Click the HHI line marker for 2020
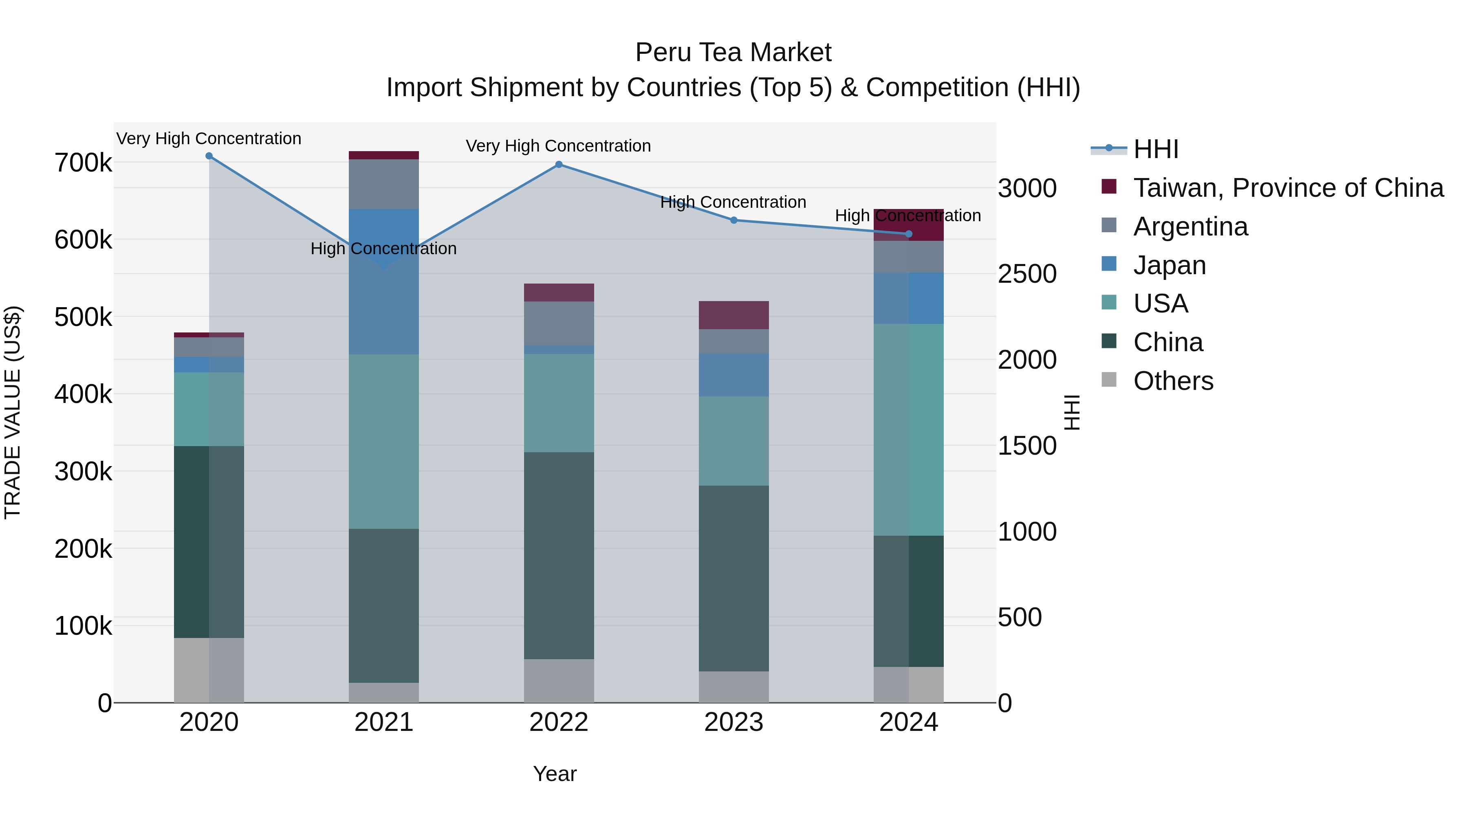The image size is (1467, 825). (209, 156)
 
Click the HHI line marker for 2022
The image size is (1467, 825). (559, 165)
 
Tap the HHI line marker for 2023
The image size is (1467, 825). (733, 220)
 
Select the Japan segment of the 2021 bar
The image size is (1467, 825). (384, 296)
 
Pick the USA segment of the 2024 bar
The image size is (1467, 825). (908, 430)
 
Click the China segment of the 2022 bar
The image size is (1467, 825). (559, 555)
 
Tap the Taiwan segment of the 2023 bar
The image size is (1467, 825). (733, 315)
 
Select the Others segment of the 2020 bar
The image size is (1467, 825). (209, 670)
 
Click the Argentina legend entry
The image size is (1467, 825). (1190, 227)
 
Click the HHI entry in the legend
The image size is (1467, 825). (1156, 149)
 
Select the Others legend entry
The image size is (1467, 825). (1173, 381)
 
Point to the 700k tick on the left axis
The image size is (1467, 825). (83, 163)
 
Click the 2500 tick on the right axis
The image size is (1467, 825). (1027, 274)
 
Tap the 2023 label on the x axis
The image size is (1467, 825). (733, 722)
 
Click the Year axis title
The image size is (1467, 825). (555, 774)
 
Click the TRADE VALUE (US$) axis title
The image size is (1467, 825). (13, 412)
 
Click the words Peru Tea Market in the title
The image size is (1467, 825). (733, 53)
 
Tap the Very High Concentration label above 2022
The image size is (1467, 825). (558, 146)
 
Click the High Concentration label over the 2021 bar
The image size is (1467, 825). (383, 249)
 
